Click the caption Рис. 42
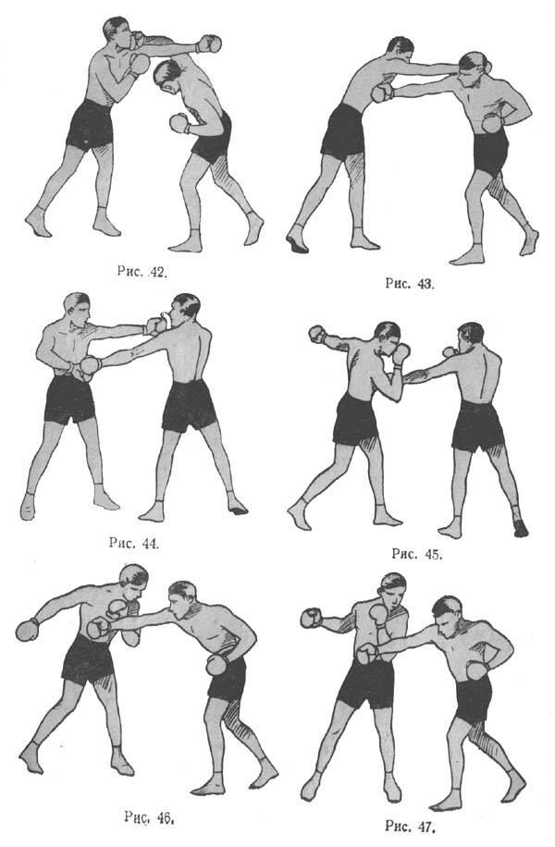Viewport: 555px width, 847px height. pos(142,271)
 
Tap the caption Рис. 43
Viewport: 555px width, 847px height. pos(410,283)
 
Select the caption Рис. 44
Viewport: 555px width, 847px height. pos(134,543)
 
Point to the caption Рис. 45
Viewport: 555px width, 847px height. pos(416,554)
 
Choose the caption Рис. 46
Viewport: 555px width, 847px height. pos(149,816)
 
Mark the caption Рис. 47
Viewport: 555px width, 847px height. pos(410,826)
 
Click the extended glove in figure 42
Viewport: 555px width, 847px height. pos(209,43)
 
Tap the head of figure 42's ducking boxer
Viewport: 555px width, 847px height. pos(167,76)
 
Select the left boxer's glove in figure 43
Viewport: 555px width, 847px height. pos(383,92)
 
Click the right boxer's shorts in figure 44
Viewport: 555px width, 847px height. pos(189,406)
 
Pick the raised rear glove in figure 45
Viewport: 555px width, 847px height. pos(317,335)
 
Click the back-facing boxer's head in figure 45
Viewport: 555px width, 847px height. pos(470,338)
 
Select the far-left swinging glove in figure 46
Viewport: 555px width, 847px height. pos(27,630)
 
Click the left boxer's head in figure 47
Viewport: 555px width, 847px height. pos(392,590)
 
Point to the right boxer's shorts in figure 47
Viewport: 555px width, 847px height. pos(474,700)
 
